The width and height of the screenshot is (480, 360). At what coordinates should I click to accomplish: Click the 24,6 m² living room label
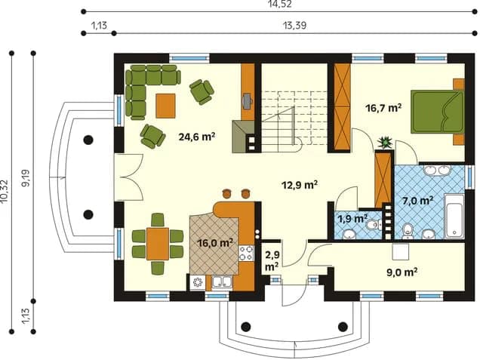coord(196,137)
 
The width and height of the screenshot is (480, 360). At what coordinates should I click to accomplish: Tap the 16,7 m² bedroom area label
coord(383,108)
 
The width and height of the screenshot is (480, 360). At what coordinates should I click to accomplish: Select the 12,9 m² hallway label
coord(299,185)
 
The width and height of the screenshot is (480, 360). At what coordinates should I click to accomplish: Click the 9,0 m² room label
coord(402,272)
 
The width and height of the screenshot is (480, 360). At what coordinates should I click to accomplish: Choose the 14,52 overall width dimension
coord(279,4)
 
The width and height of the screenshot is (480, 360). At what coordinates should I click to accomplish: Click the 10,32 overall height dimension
coord(5,192)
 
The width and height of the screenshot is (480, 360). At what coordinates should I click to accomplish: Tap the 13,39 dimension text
coord(294,26)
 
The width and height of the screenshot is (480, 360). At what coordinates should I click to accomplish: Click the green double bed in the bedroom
coord(438,112)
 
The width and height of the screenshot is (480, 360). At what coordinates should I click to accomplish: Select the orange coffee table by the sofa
coord(165,106)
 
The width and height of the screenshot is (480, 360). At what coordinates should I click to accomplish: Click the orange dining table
coord(158,244)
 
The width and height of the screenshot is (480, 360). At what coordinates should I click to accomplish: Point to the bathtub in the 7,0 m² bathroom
coord(454,216)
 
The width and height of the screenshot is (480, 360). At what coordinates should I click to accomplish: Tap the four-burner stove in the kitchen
coord(247,253)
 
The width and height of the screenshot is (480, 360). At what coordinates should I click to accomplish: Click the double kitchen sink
coord(223,283)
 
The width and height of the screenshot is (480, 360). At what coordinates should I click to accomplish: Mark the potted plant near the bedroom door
coord(385,143)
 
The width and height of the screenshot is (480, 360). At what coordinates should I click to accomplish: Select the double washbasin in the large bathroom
coord(437,171)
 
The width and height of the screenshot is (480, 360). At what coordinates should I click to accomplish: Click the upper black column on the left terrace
coord(88,140)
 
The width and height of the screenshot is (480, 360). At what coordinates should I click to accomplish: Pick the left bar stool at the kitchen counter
coord(227,193)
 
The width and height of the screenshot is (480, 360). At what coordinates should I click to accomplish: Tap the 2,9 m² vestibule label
coord(272,261)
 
